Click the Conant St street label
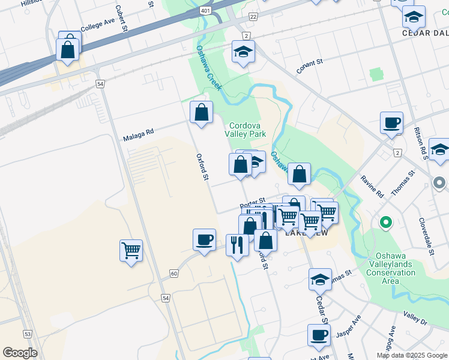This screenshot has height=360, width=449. [x=310, y=65]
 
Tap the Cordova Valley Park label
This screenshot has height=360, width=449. [x=246, y=130]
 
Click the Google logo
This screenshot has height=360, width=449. [x=20, y=353]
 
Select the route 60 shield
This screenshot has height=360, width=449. [x=174, y=274]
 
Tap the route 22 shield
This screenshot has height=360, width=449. [x=253, y=17]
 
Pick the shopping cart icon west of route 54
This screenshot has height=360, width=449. [x=131, y=250]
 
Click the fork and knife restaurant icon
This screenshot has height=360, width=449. [x=237, y=244]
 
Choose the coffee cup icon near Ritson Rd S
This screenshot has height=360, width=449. [x=391, y=123]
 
